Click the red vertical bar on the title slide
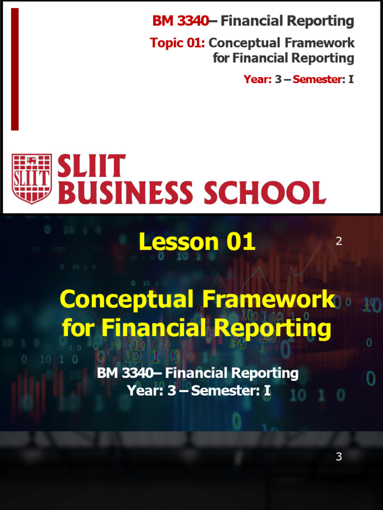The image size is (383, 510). point(15,69)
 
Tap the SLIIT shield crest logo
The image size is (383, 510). point(31,178)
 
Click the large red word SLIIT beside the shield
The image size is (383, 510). point(91,167)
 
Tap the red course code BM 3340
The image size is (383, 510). point(180,21)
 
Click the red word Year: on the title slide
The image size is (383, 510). point(257,79)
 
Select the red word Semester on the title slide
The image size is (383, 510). point(316,79)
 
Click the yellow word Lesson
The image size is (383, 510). point(178,242)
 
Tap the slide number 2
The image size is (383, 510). point(339,242)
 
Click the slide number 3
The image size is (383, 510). point(339,457)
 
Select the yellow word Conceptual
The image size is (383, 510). point(127,300)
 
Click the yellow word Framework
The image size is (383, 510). point(269,300)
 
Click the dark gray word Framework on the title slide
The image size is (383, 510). point(319,43)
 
